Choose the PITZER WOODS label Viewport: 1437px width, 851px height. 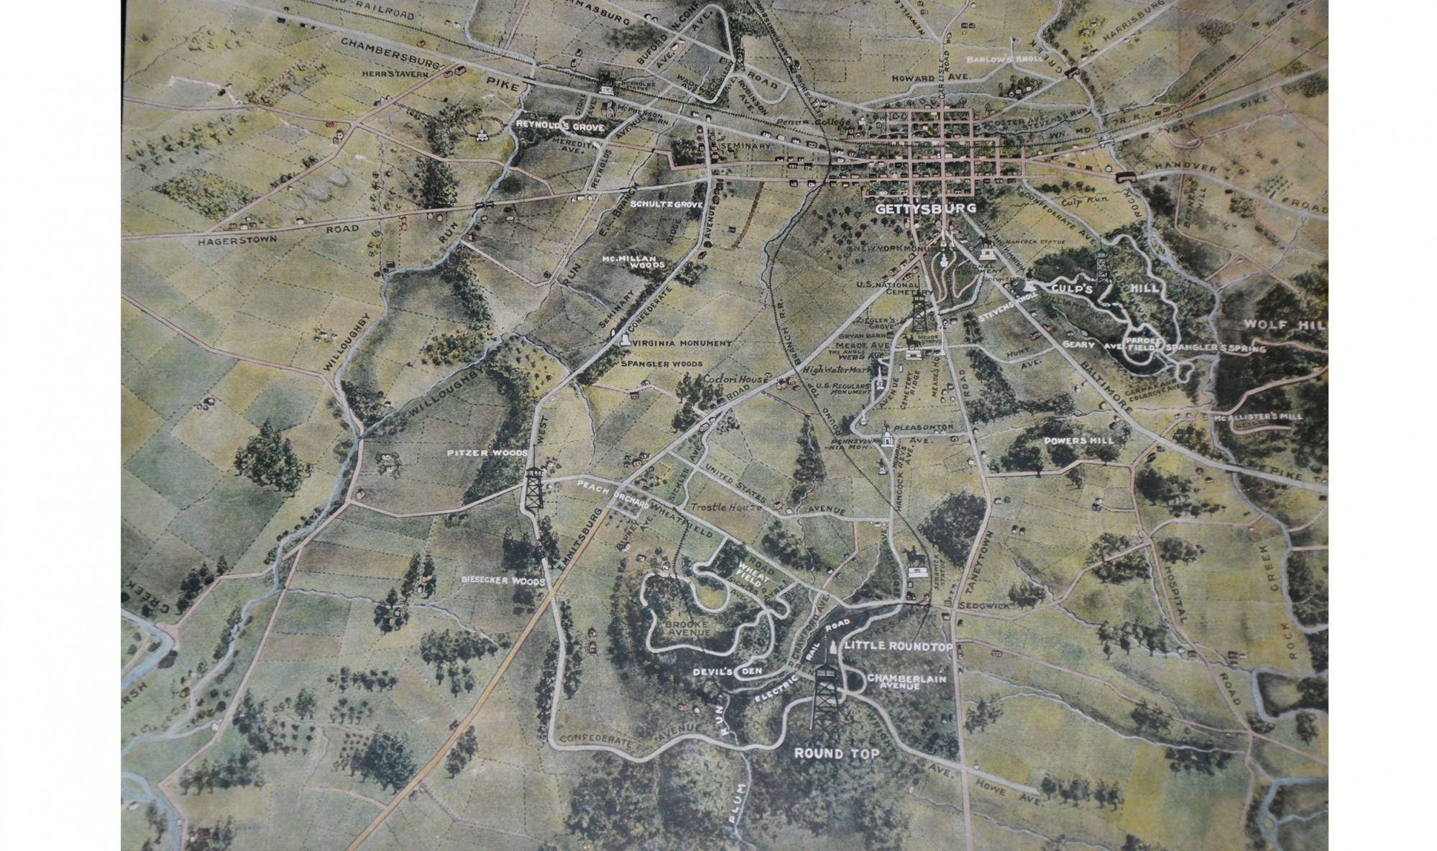click(487, 453)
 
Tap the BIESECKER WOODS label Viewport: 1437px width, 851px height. click(504, 580)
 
